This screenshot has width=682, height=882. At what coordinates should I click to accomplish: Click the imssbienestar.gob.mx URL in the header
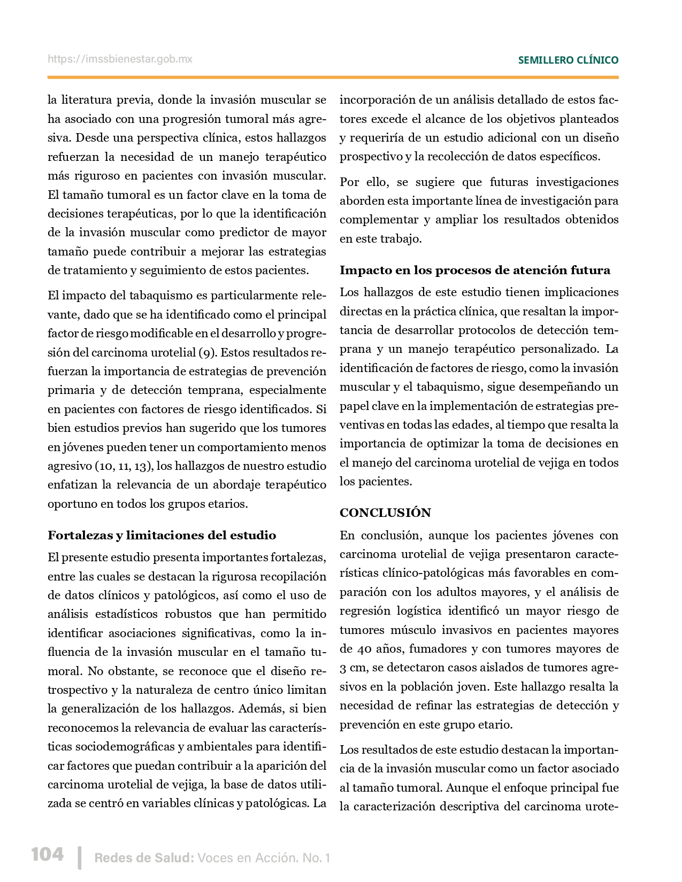120,59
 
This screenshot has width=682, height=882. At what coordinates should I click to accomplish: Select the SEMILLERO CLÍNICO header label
568,60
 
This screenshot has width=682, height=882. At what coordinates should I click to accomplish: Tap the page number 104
48,854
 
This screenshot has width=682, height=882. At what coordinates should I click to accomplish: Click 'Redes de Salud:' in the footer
144,858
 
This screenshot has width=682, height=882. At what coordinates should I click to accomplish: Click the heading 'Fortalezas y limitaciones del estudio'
162,535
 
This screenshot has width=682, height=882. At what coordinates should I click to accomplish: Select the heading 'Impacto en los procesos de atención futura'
474,270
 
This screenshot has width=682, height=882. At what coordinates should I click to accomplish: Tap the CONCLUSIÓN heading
385,513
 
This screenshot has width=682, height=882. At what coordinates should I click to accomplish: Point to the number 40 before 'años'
364,649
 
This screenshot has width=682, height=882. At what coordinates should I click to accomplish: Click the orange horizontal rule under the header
333,78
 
